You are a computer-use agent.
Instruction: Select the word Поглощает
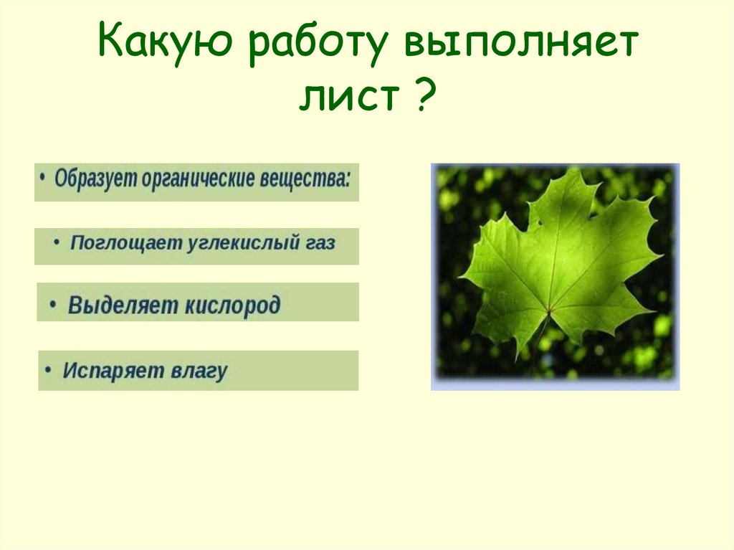126,243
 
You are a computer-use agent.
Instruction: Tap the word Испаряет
113,370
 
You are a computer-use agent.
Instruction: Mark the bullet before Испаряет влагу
48,369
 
